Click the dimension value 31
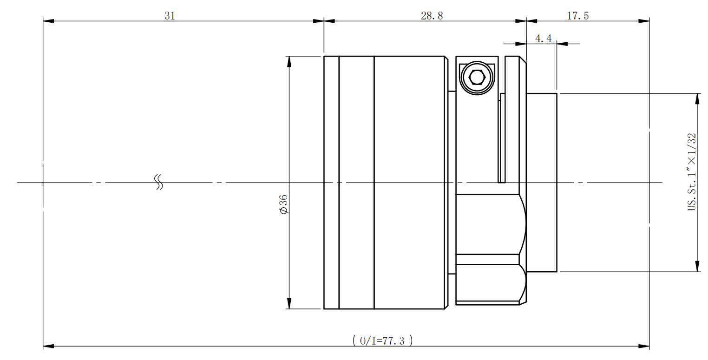point(170,15)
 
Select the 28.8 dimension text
point(432,15)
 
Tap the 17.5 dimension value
point(578,15)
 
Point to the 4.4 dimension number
point(544,39)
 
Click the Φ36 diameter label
point(284,204)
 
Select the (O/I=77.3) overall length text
point(382,340)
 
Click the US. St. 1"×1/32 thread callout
point(692,171)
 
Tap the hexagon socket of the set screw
point(477,78)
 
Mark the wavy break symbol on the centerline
point(159,182)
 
